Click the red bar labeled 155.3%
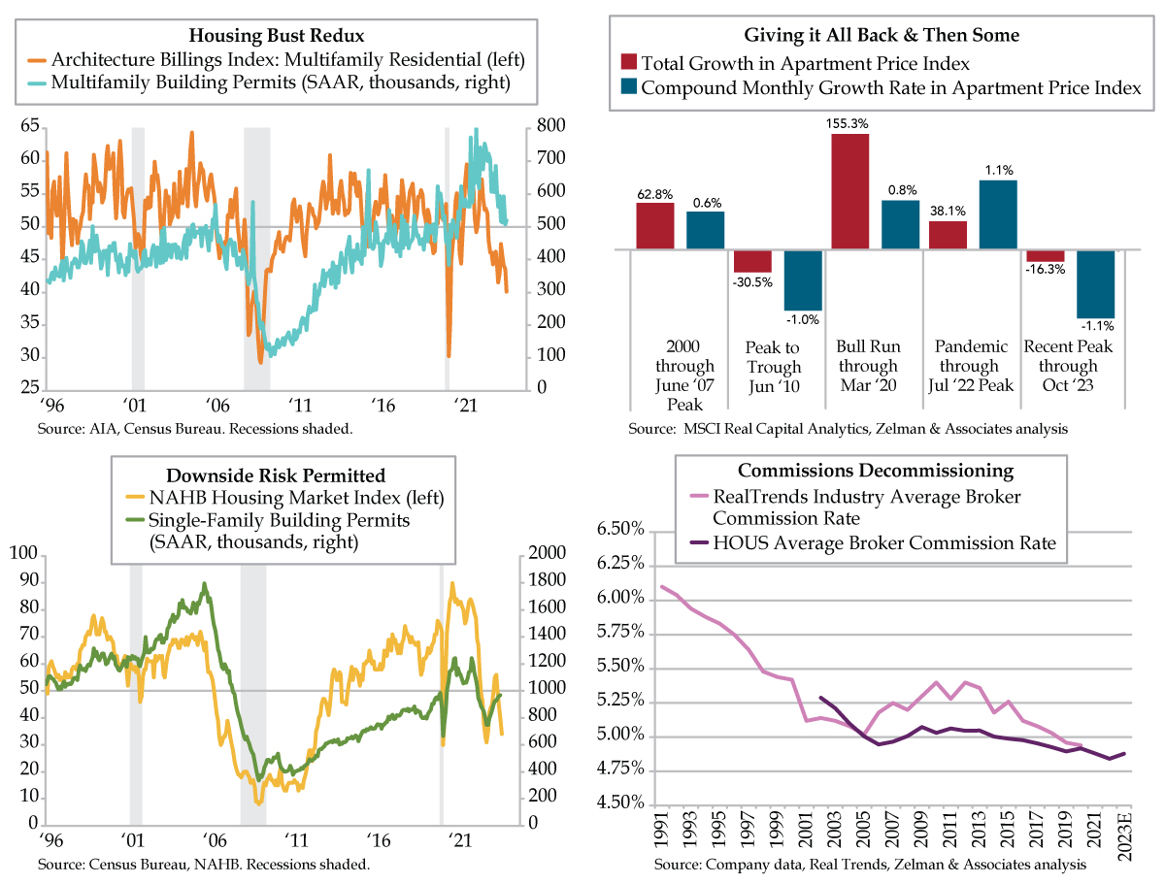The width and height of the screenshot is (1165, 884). click(849, 191)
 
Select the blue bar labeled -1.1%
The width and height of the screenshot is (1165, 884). click(1095, 283)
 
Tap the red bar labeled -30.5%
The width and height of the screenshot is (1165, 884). click(752, 261)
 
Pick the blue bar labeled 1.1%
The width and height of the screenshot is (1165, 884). click(998, 214)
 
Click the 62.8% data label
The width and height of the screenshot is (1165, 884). click(655, 195)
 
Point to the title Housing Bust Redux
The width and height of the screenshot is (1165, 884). click(277, 36)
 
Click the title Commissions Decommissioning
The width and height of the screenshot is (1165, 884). click(876, 471)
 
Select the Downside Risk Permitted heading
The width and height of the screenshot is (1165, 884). click(276, 475)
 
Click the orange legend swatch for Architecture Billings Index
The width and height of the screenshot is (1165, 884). click(37, 60)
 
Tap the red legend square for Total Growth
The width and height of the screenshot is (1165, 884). click(628, 61)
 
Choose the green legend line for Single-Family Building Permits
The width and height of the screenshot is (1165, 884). click(135, 520)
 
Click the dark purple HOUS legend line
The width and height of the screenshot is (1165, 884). click(698, 542)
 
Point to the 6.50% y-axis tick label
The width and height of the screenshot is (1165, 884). click(620, 529)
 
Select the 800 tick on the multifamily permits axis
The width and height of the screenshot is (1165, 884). click(550, 126)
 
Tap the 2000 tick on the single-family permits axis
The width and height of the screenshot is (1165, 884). click(547, 552)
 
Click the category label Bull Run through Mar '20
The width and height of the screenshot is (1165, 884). click(868, 366)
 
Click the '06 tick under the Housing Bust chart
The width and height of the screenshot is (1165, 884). click(217, 406)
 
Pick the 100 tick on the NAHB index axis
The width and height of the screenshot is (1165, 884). click(24, 553)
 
